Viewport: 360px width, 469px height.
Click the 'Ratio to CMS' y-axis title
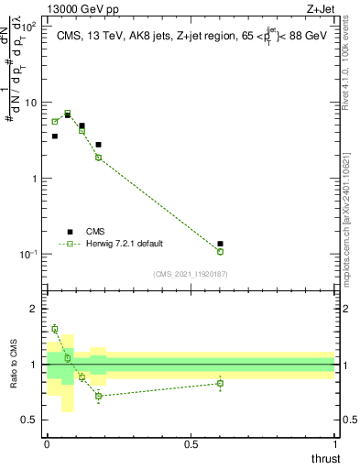pos(12,363)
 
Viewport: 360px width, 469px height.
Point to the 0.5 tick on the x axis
pos(191,444)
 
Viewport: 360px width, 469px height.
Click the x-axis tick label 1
pos(334,444)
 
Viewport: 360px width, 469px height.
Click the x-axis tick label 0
pos(48,444)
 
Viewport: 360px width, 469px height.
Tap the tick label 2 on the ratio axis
pos(34,309)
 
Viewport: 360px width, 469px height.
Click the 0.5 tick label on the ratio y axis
pos(30,420)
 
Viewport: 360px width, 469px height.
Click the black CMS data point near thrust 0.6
pos(221,244)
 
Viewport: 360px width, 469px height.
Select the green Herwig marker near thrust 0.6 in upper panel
pos(221,251)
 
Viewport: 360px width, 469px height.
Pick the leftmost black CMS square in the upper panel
pos(55,136)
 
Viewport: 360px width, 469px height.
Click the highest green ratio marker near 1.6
pos(55,328)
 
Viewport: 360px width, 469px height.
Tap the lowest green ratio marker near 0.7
pos(98,396)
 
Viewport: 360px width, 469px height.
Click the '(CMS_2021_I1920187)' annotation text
pos(191,274)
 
